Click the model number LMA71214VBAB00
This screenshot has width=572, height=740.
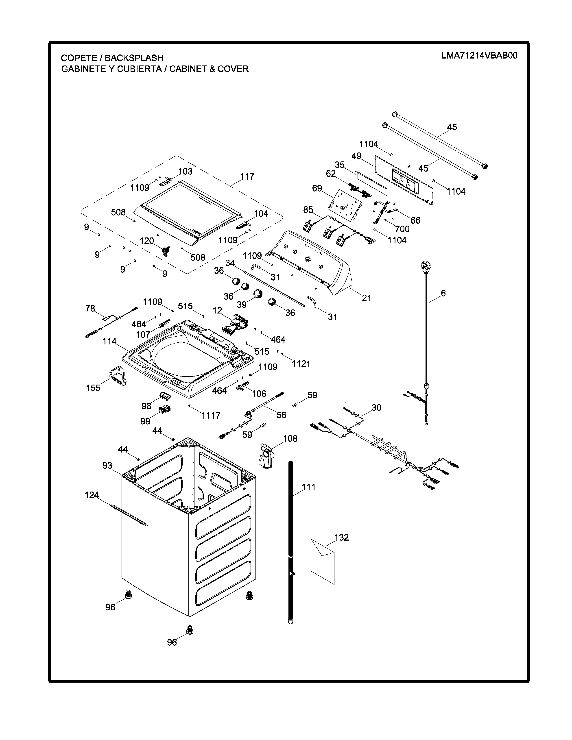pos(480,56)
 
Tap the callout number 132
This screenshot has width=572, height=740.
pos(342,537)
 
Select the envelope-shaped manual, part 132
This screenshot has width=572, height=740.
pos(323,561)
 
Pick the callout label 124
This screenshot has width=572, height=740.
pos(92,495)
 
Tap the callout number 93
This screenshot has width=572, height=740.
pos(107,466)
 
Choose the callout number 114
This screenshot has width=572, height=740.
pos(109,341)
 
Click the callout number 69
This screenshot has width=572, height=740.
pos(317,188)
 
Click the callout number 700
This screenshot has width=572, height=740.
pos(402,229)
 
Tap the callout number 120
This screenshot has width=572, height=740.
pos(147,241)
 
